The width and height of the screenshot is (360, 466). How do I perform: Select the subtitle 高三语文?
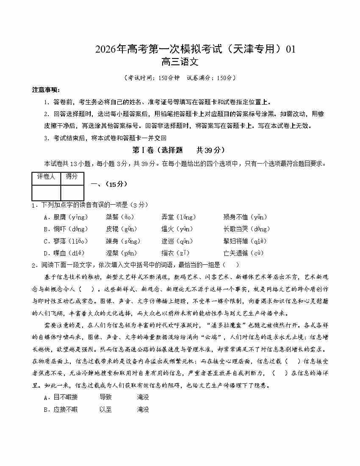pyautogui.click(x=180, y=62)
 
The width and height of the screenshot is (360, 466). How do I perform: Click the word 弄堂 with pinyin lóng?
pyautogui.click(x=167, y=217)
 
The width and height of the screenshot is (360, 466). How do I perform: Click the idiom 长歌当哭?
pyautogui.click(x=235, y=229)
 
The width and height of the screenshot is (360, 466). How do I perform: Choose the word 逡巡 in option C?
pyautogui.click(x=167, y=241)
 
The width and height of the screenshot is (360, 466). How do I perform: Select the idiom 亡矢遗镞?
pyautogui.click(x=235, y=253)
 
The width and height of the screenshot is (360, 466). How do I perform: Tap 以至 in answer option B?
pyautogui.click(x=105, y=410)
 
